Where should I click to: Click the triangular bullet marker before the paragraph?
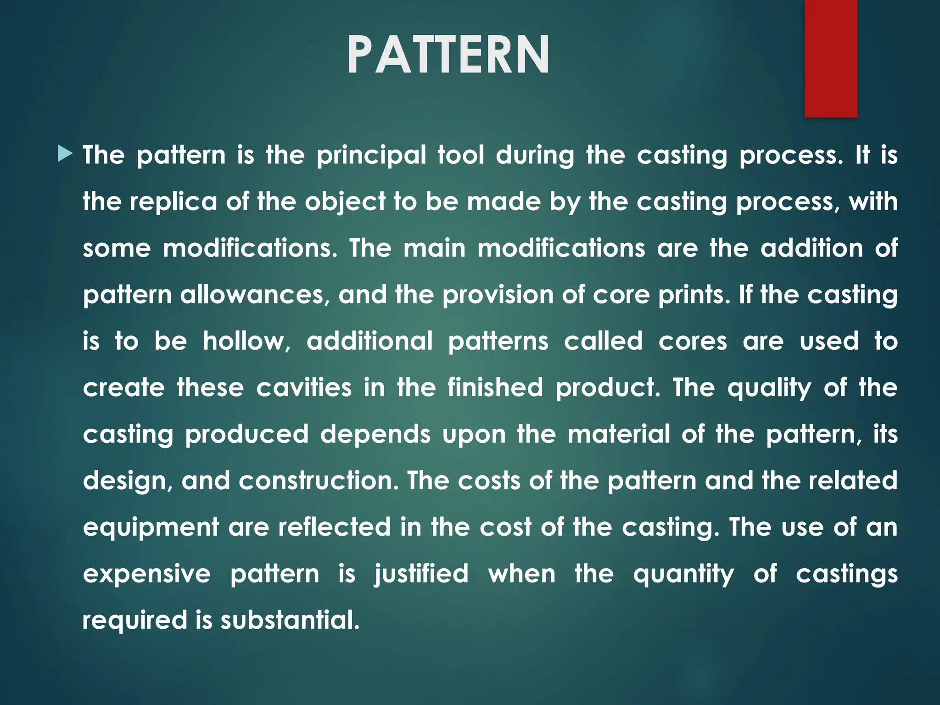[x=66, y=154]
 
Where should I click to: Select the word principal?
[x=371, y=155]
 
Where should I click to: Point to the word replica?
[x=173, y=202]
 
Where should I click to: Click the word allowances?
[x=254, y=294]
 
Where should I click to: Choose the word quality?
[x=769, y=388]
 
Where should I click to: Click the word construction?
[x=319, y=481]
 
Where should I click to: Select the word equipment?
[x=151, y=527]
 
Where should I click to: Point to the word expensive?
[x=147, y=574]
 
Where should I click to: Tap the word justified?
[x=421, y=575]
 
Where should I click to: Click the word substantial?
[x=289, y=620]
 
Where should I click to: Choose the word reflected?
[x=334, y=527]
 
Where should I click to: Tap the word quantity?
[x=683, y=575]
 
